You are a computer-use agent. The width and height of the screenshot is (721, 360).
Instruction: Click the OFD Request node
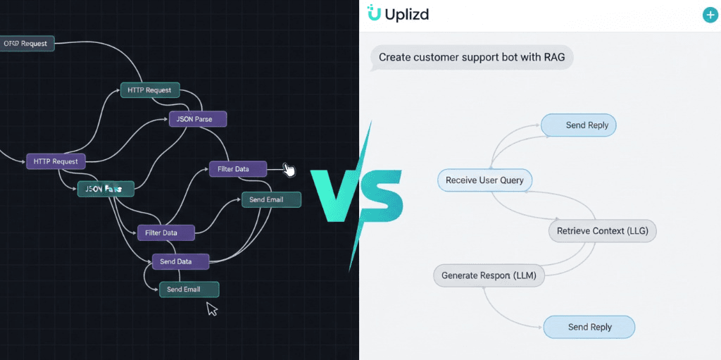point(26,44)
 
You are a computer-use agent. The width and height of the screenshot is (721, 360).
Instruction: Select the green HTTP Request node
point(149,90)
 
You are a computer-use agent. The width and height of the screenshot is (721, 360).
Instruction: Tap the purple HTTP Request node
point(56,161)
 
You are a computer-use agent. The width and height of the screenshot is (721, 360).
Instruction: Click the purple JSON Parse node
point(197,119)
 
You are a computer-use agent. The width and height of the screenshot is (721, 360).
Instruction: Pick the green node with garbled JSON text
point(105,189)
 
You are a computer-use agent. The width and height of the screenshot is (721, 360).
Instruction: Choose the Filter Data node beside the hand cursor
point(238,169)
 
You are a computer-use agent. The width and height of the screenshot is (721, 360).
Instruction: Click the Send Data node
point(181,261)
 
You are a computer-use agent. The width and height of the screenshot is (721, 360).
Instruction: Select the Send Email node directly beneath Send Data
point(189,290)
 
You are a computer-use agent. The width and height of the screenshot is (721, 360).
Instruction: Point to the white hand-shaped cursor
point(289,170)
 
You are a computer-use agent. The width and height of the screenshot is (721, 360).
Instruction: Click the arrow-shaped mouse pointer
point(211,309)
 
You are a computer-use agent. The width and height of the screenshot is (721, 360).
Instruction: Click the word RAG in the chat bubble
point(553,57)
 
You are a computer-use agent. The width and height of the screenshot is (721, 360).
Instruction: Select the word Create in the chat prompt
point(396,57)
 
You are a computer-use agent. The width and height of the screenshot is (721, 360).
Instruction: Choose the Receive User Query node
point(484,180)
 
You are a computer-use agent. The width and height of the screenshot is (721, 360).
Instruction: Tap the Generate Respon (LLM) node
point(489,275)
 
